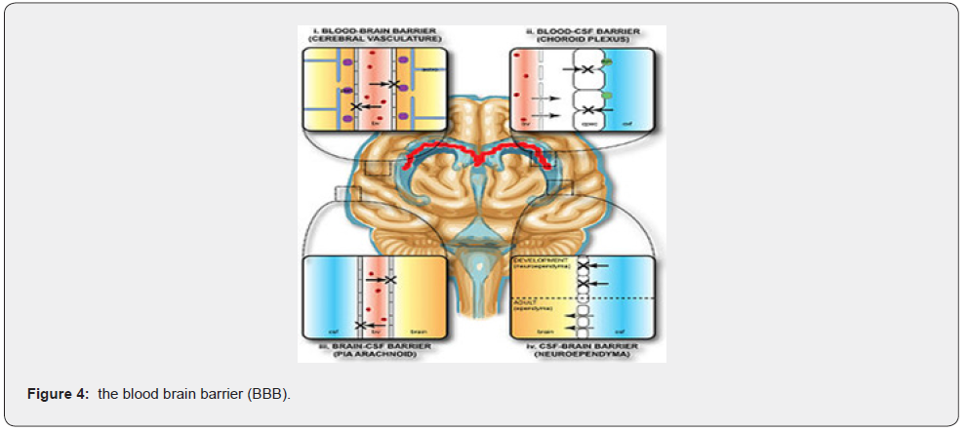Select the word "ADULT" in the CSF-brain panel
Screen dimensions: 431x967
(525, 302)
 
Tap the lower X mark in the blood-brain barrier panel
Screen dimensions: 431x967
(357, 104)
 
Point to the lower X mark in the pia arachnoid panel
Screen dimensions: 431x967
(361, 324)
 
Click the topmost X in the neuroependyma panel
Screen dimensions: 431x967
(584, 265)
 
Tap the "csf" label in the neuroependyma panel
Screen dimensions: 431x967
(621, 332)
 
